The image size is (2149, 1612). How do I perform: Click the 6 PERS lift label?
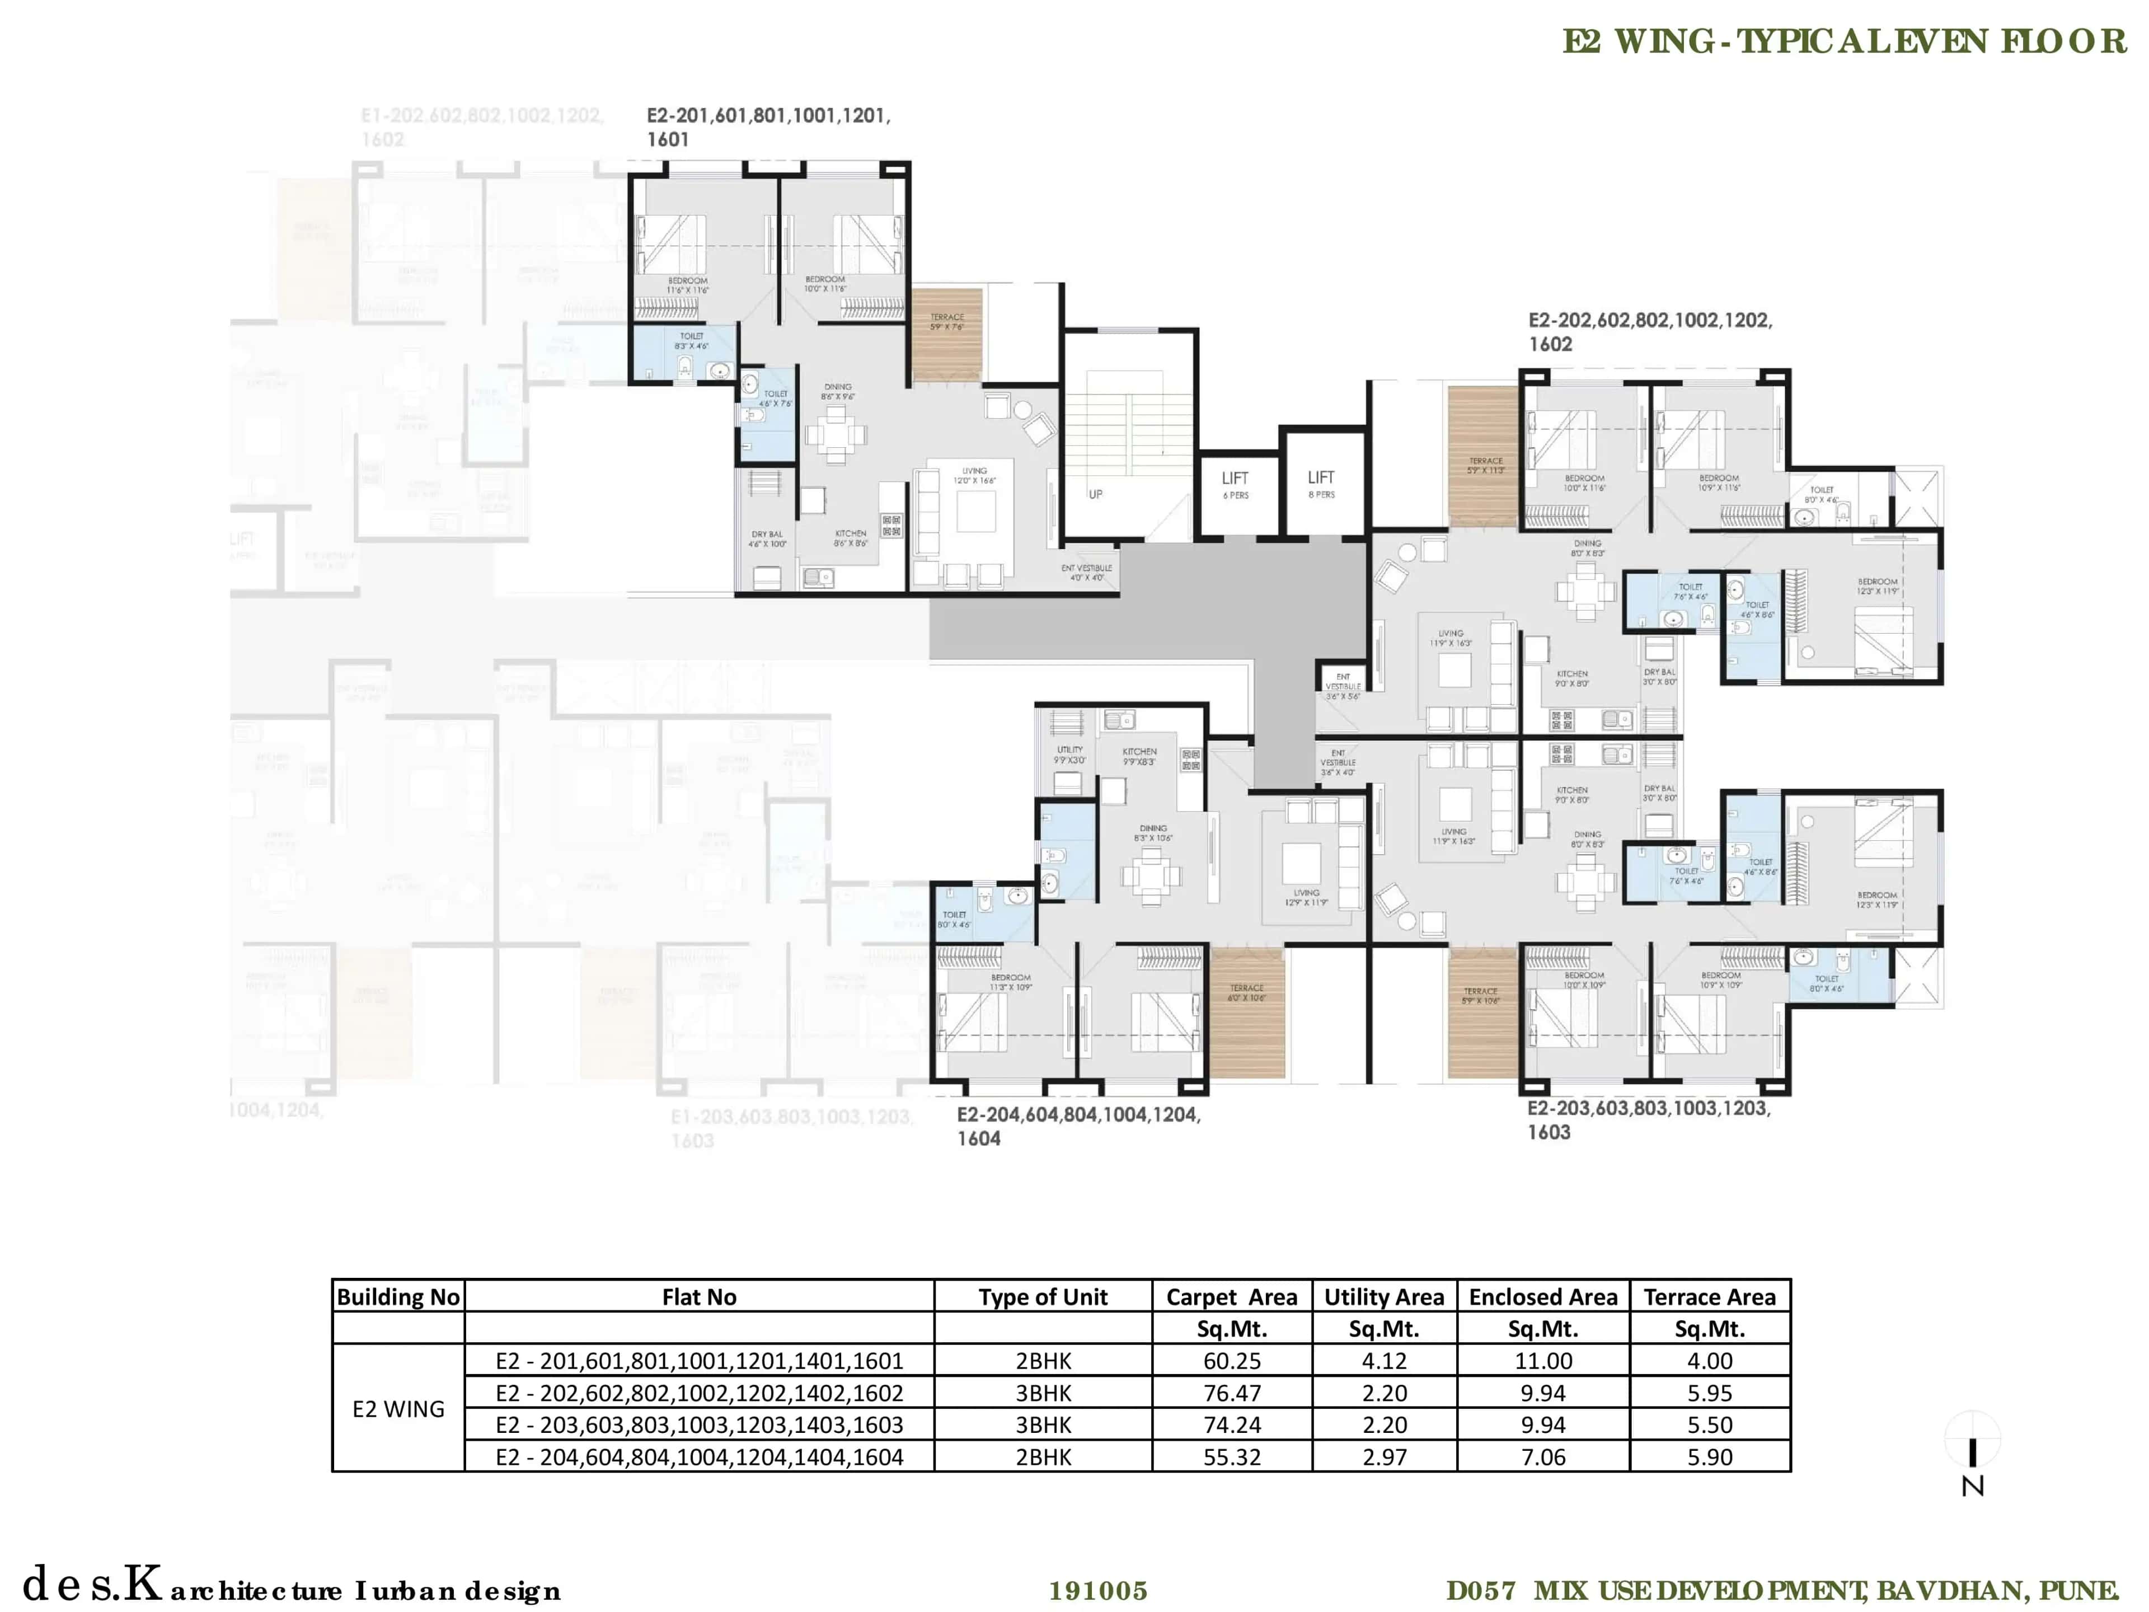tap(1236, 495)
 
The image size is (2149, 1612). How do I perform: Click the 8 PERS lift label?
tap(1321, 495)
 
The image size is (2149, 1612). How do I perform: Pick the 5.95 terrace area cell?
tap(1709, 1393)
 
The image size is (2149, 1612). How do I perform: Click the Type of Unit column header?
tap(1043, 1297)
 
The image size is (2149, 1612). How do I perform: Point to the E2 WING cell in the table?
tap(398, 1408)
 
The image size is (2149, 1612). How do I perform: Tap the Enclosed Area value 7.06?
tap(1543, 1456)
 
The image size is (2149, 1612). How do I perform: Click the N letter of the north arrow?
tap(1972, 1487)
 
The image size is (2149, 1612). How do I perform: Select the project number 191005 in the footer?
tap(1098, 1591)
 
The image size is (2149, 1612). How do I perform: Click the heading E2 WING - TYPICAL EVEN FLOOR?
tap(1844, 42)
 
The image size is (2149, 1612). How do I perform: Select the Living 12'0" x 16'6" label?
tap(974, 475)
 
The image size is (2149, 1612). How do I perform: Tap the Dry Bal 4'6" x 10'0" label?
tap(767, 538)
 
